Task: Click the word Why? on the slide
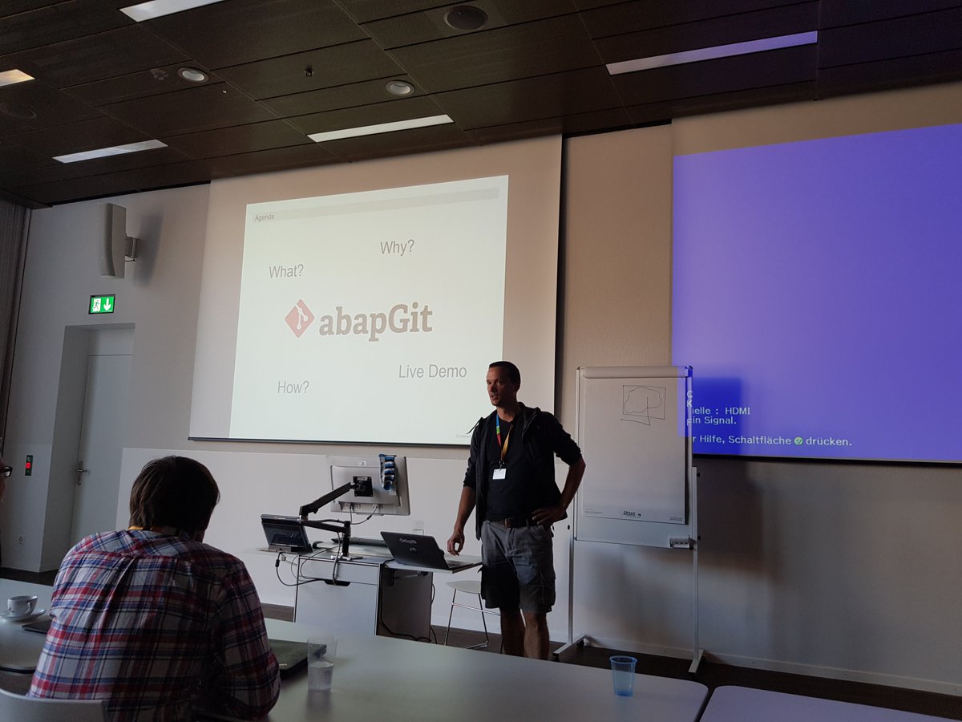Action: click(x=397, y=247)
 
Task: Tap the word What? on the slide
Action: click(x=286, y=271)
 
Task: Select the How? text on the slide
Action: click(x=293, y=387)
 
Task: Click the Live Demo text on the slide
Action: click(x=432, y=371)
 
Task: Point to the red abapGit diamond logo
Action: click(x=299, y=318)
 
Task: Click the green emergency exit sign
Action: click(x=102, y=304)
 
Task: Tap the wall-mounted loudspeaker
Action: click(x=115, y=241)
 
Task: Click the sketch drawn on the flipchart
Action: click(x=644, y=404)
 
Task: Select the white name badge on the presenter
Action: click(x=499, y=473)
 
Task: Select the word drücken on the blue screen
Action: click(x=829, y=441)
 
